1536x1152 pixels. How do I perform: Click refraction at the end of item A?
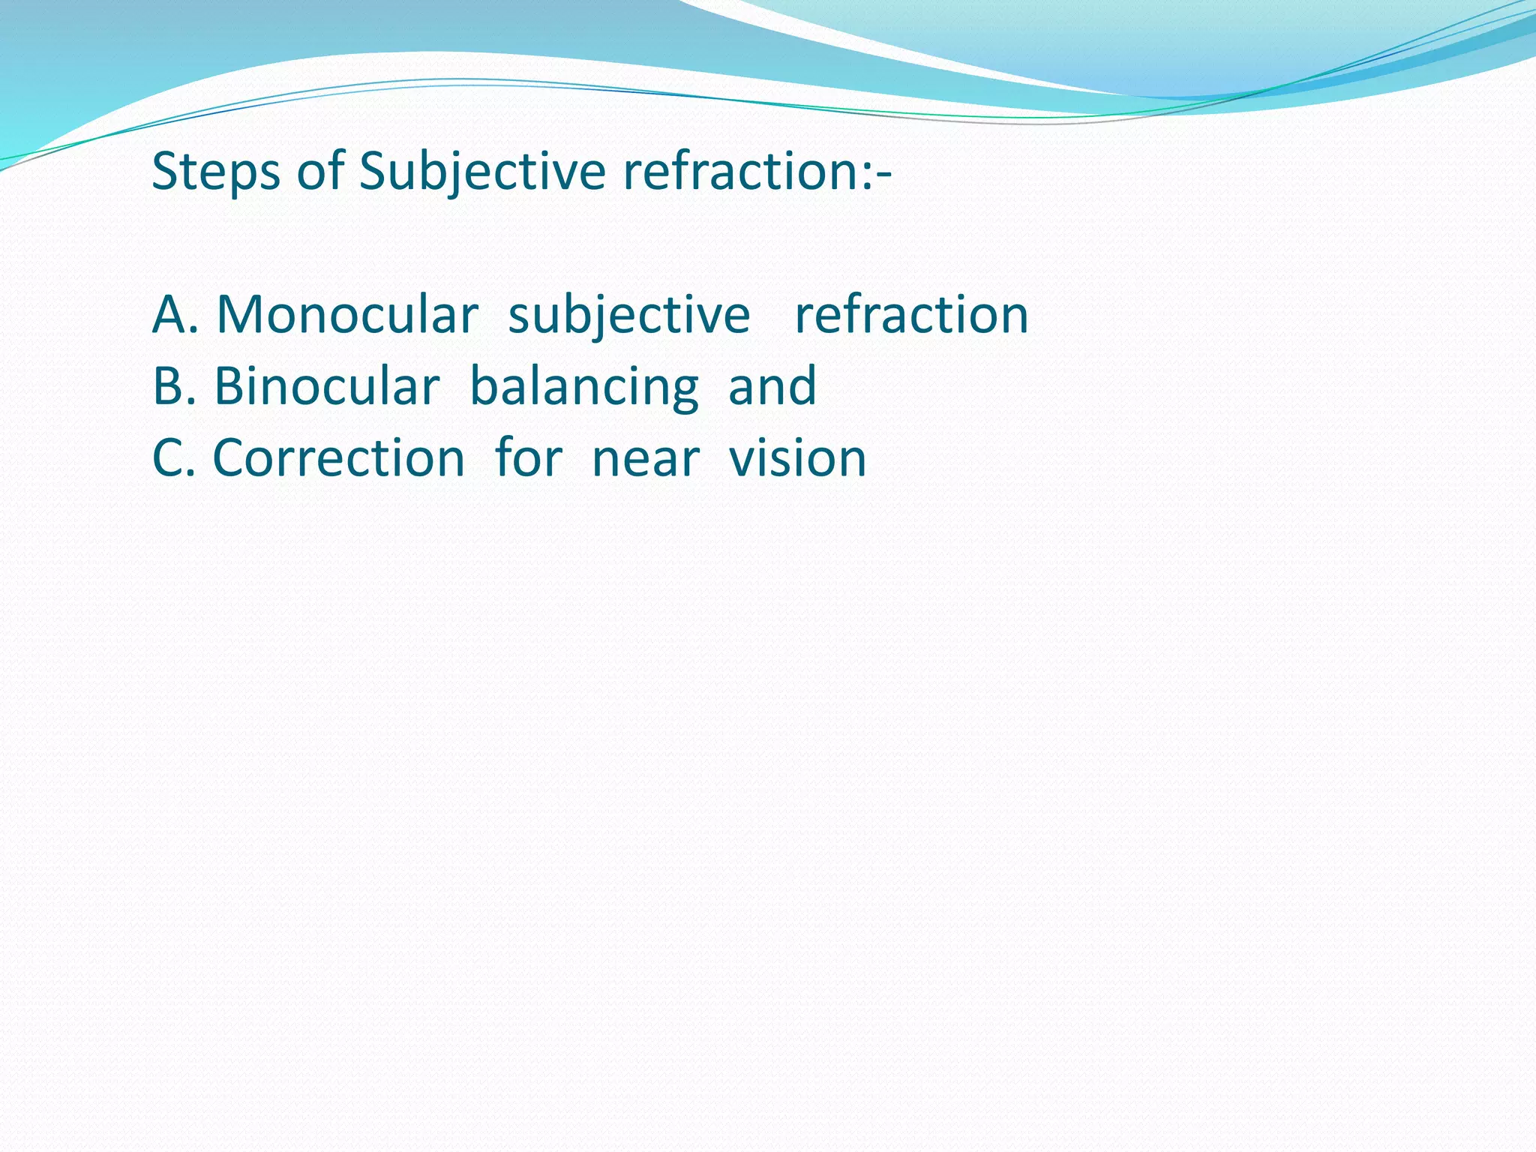pyautogui.click(x=911, y=315)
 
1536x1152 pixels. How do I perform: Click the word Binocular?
pyautogui.click(x=326, y=387)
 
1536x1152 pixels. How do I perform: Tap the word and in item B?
pyautogui.click(x=772, y=387)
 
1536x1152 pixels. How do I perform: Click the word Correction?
pyautogui.click(x=338, y=458)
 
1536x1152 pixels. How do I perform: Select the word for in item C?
pyautogui.click(x=528, y=457)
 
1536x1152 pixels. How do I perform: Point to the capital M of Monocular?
pyautogui.click(x=241, y=315)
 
